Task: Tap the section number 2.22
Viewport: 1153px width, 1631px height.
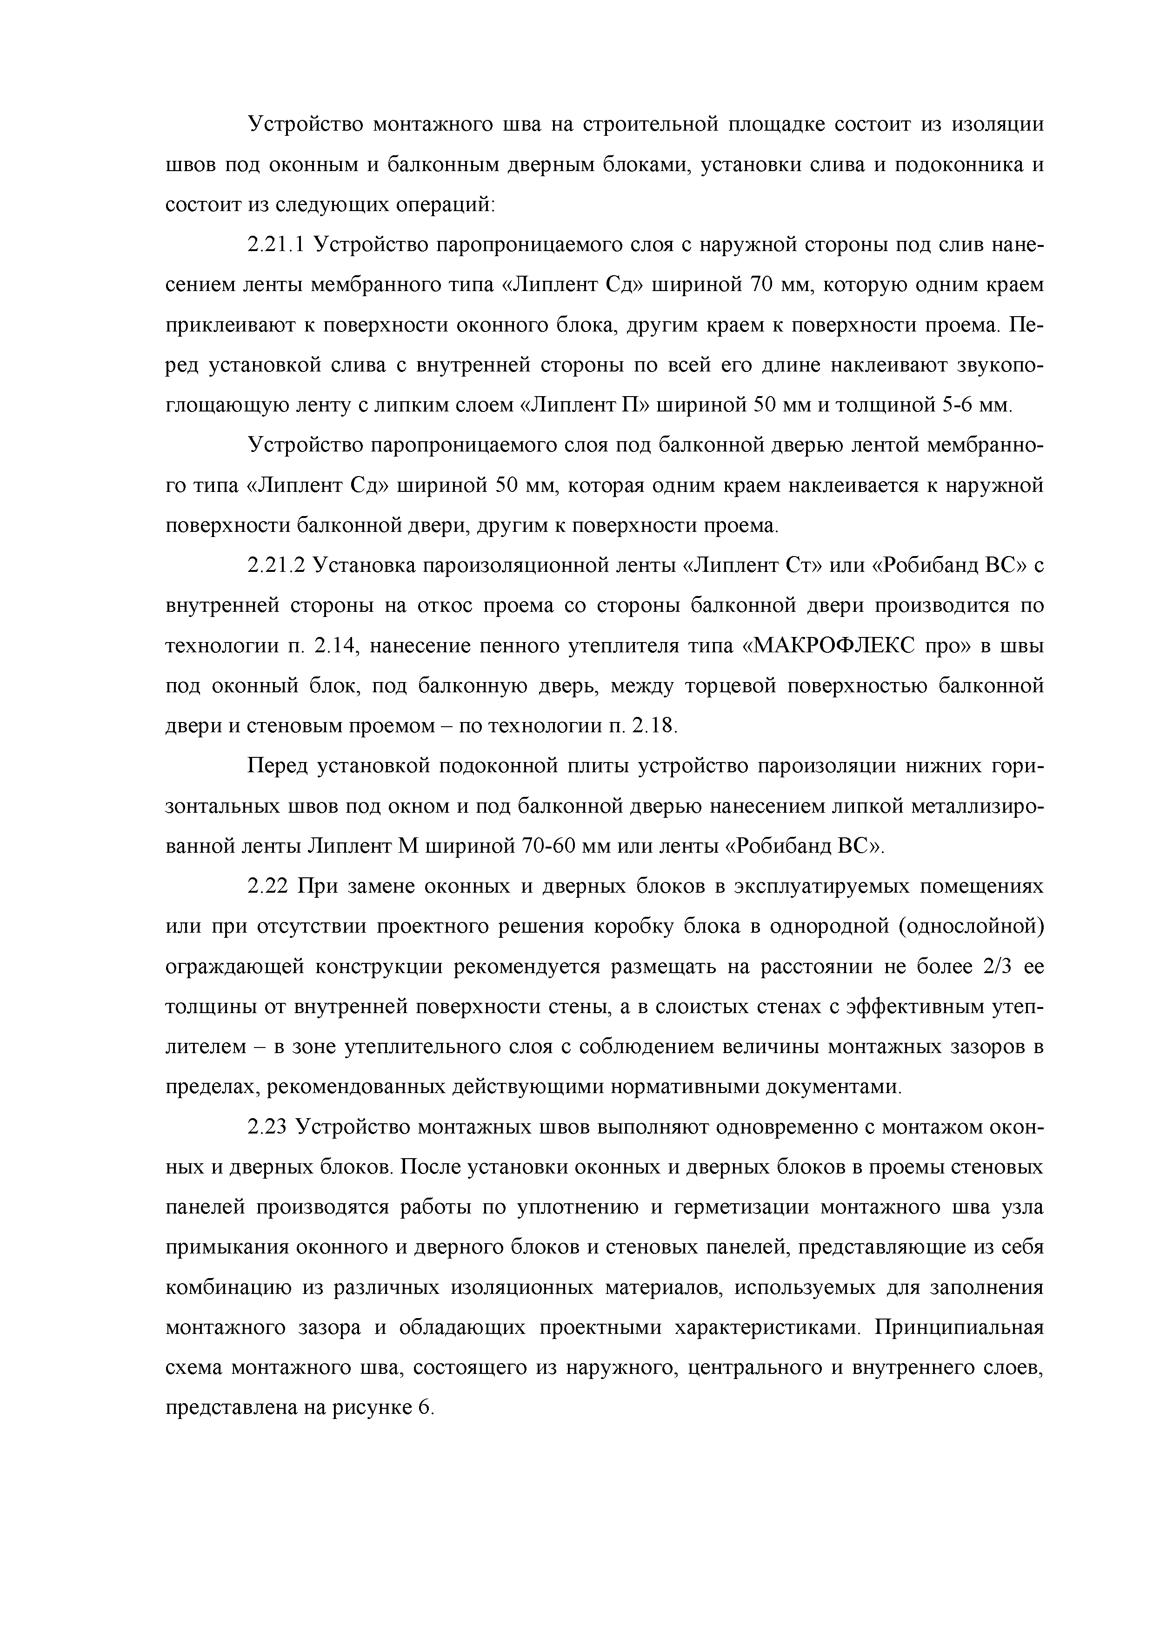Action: click(268, 887)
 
